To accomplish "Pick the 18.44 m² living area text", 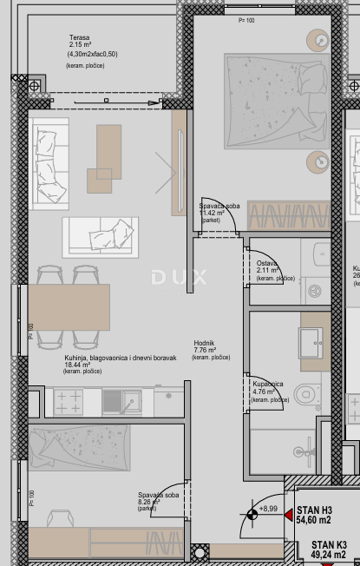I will [x=83, y=365].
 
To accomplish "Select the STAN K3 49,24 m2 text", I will [x=323, y=549].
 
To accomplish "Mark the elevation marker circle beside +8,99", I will [x=252, y=515].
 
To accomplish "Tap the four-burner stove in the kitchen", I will [x=69, y=400].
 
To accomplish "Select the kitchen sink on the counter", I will [x=133, y=400].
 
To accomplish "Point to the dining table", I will [x=69, y=307].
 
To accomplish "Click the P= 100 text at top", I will [x=245, y=19].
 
